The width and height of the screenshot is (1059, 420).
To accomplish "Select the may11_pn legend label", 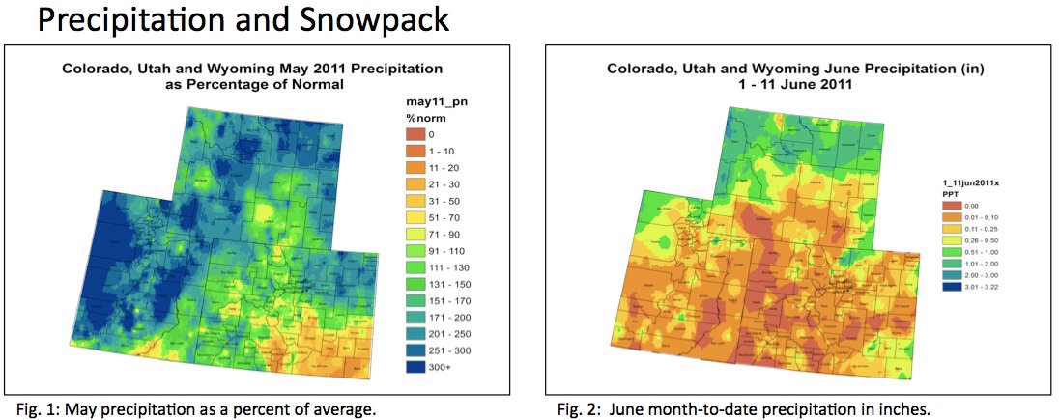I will point(431,100).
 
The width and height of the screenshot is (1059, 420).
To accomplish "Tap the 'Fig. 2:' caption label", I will point(577,409).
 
